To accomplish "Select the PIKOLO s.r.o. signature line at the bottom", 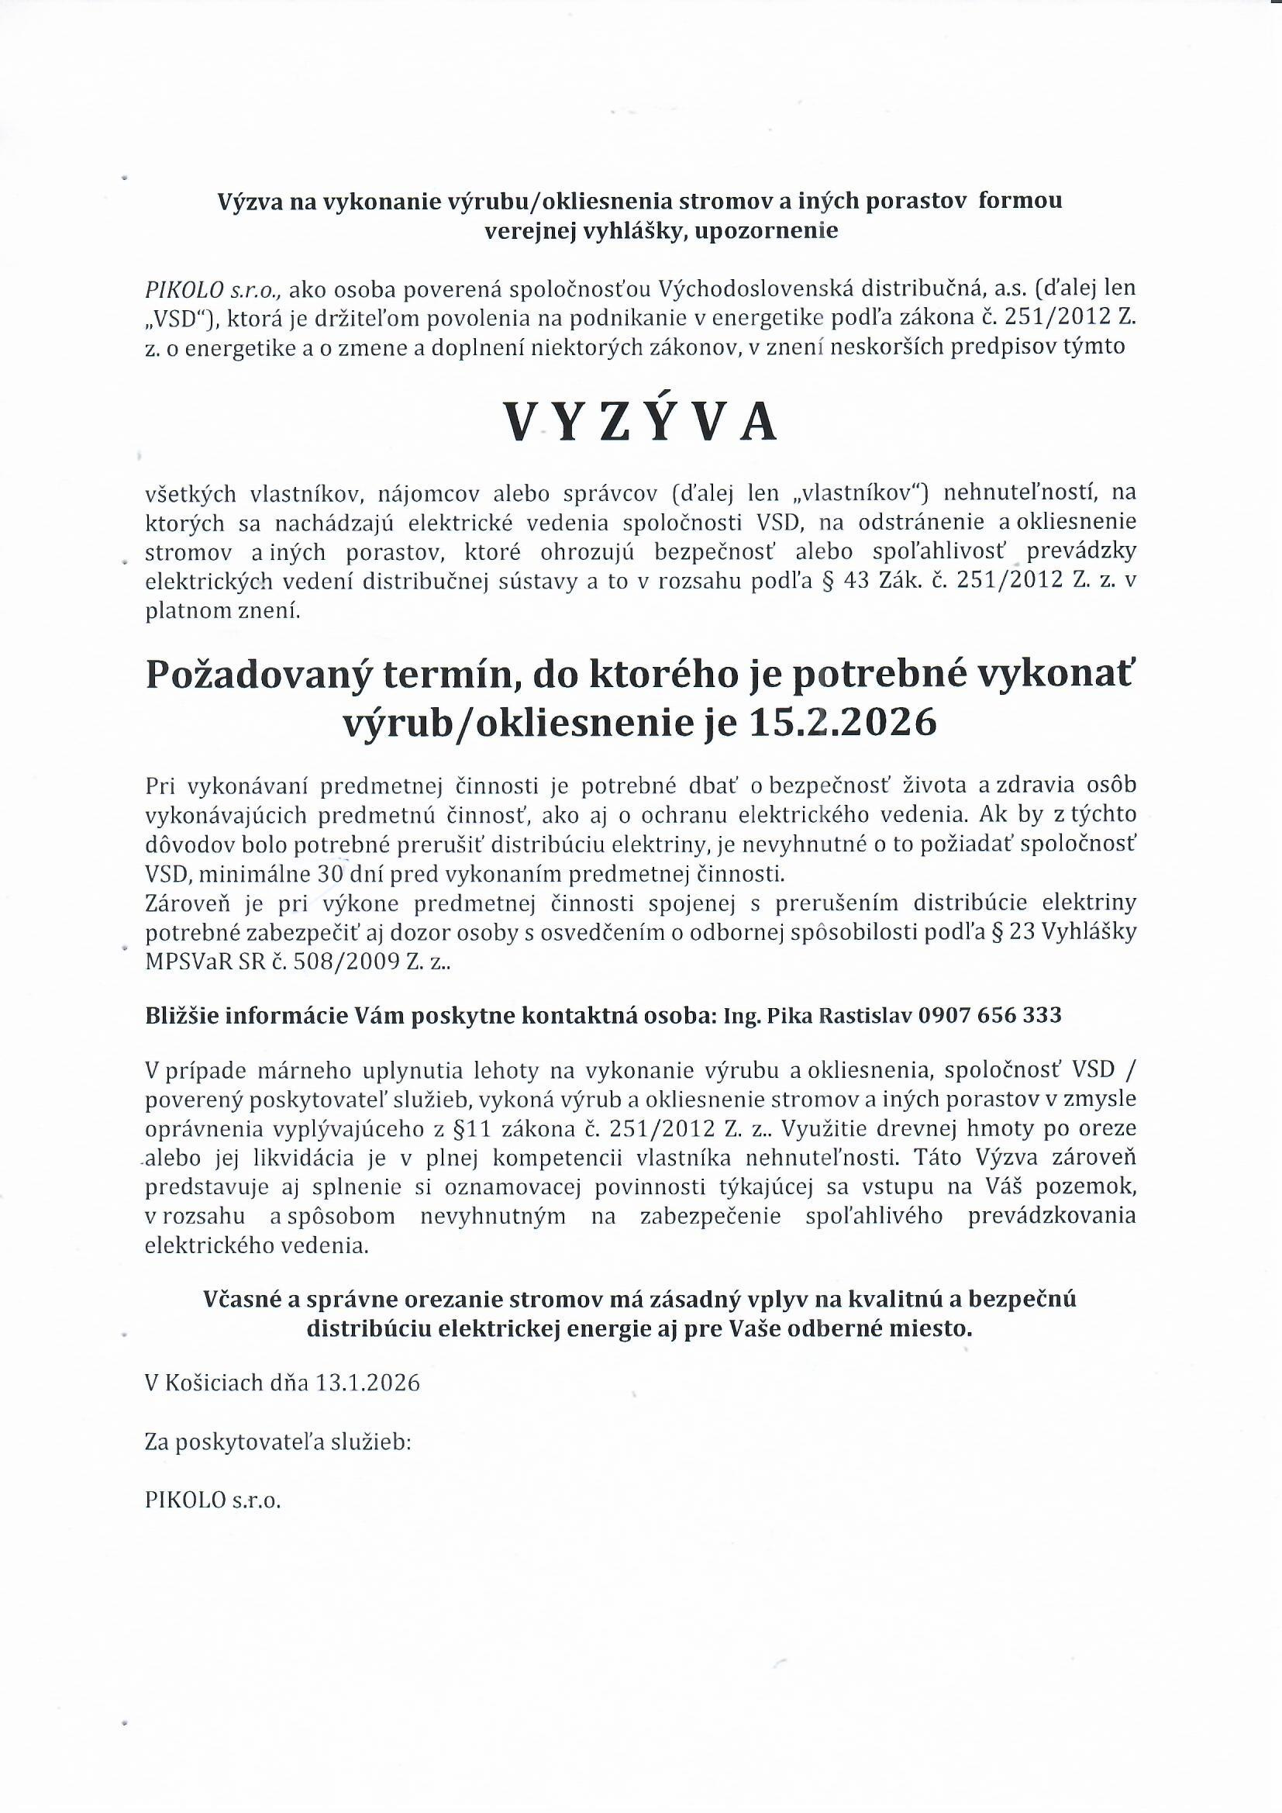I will coord(212,1500).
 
